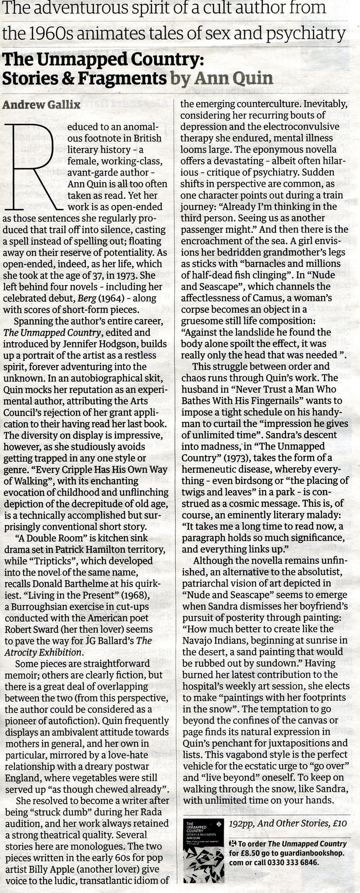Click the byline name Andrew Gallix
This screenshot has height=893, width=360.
tap(41, 105)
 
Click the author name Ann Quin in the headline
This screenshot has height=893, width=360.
tap(234, 78)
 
